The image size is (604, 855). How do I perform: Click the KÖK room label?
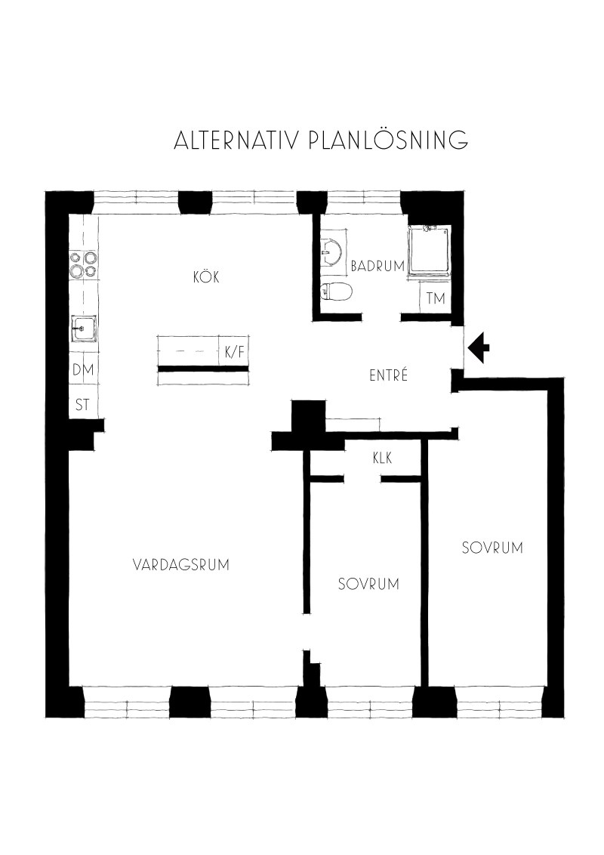[206, 276]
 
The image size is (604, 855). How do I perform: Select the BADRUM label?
[377, 266]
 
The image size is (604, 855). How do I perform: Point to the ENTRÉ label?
[389, 375]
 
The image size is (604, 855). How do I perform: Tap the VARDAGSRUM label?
[181, 564]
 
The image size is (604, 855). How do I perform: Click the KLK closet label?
[382, 458]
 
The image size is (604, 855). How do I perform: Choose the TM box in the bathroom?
[436, 298]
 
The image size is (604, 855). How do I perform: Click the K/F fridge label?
[235, 352]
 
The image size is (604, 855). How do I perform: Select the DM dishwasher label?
[83, 369]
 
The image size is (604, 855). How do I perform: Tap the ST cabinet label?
[82, 405]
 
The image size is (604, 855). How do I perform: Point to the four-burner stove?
[83, 264]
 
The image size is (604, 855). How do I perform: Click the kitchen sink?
[83, 329]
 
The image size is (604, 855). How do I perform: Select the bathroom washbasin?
[332, 252]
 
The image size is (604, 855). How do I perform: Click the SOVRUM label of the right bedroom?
[492, 548]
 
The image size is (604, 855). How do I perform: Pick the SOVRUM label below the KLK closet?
[368, 584]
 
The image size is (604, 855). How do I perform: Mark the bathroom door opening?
[381, 316]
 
